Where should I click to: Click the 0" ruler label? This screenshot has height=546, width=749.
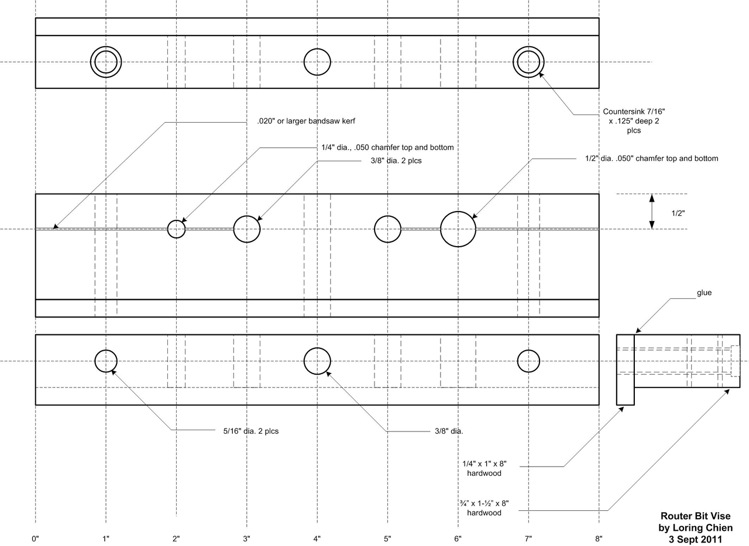(x=35, y=538)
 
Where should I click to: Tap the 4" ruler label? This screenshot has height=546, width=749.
(x=317, y=538)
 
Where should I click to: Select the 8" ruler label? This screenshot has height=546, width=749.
(x=599, y=538)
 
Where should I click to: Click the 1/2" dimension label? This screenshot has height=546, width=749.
(x=678, y=213)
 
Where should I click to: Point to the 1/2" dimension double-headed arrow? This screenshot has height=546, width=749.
(x=652, y=212)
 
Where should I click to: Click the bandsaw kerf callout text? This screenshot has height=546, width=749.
(x=306, y=121)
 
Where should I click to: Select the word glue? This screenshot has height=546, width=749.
(x=704, y=293)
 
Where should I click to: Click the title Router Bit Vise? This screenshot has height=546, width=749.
(x=696, y=516)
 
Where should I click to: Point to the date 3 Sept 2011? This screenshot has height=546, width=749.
(x=696, y=540)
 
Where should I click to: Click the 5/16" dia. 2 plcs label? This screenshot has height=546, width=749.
(x=251, y=431)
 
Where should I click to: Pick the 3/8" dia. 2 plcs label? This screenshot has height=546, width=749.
(x=396, y=161)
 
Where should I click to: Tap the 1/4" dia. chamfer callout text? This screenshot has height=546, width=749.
(x=387, y=147)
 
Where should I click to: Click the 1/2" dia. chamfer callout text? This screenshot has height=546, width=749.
(x=652, y=158)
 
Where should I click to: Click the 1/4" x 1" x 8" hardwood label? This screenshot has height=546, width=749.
(x=484, y=468)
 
